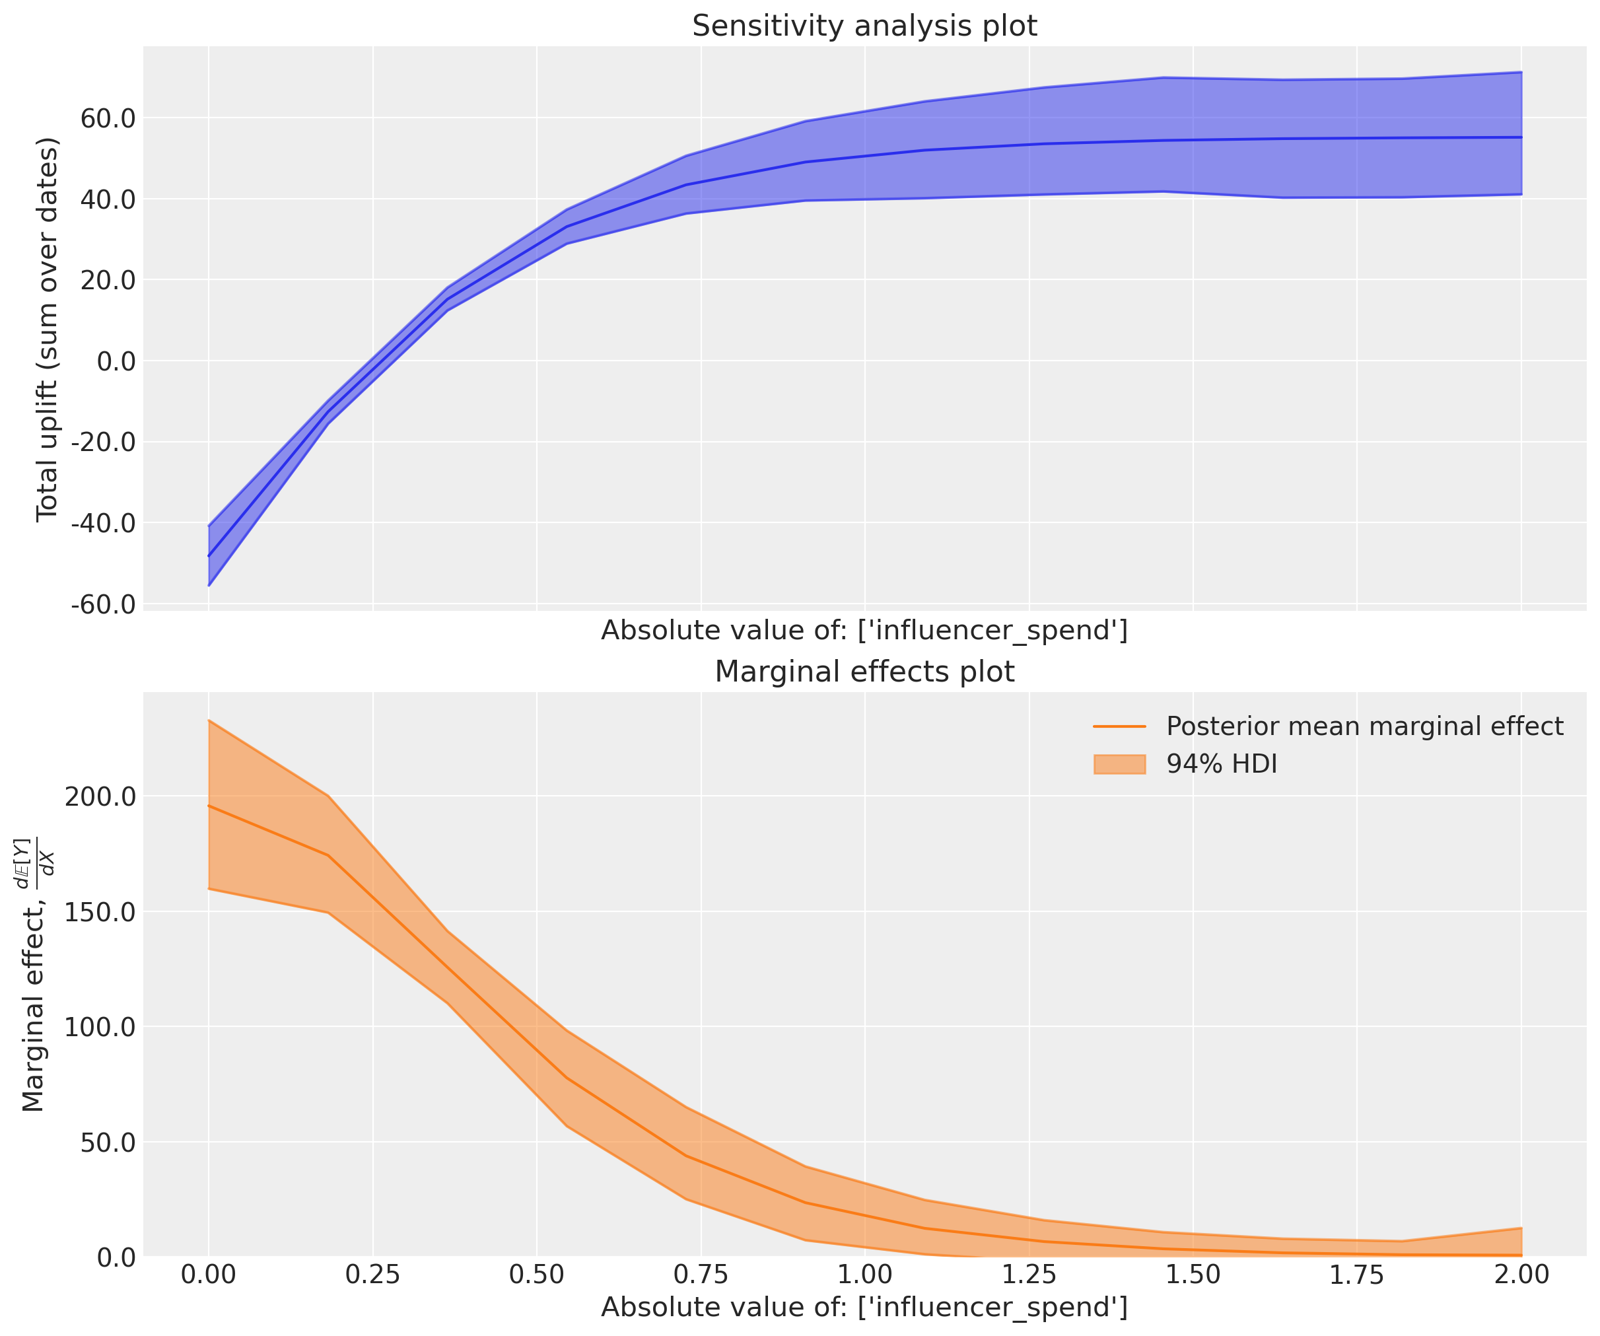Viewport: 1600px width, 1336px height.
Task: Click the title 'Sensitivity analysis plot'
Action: tap(864, 26)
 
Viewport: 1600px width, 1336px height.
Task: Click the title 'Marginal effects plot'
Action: tap(864, 672)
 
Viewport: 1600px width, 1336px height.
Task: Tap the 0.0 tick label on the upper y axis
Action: tap(116, 361)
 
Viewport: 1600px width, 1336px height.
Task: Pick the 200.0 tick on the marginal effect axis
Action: tap(100, 797)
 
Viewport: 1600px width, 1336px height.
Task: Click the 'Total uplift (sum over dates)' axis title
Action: tap(48, 330)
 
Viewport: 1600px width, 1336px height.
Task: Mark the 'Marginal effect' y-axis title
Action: tap(34, 975)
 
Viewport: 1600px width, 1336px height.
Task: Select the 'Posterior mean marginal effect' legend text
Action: tap(1364, 726)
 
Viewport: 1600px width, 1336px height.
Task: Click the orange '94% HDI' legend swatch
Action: tap(1119, 764)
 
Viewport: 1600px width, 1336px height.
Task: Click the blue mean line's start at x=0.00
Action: tap(209, 555)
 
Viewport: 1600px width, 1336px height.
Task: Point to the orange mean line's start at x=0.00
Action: tap(209, 806)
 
